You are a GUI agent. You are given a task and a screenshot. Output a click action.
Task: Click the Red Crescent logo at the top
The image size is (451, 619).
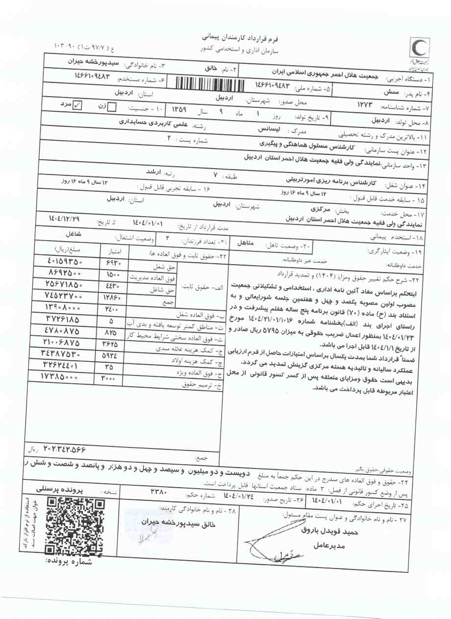pos(421,52)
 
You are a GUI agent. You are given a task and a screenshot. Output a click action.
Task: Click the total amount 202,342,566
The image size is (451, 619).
pos(58,448)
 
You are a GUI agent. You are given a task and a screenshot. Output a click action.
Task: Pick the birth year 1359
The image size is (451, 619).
pos(178,110)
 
